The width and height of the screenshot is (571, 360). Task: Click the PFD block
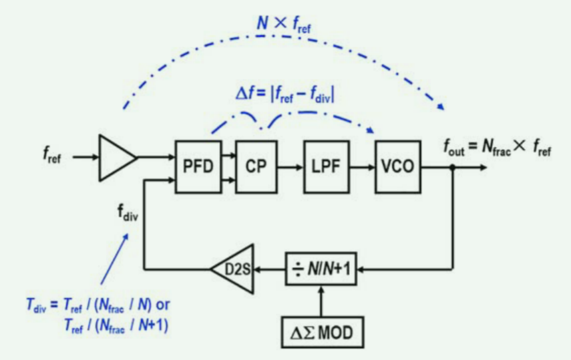(198, 167)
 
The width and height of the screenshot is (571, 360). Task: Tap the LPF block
(325, 167)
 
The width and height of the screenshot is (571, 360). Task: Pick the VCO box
(398, 167)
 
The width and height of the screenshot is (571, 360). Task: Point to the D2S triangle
(234, 270)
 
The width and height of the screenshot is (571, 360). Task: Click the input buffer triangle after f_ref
(116, 158)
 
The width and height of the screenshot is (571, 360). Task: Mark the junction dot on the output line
(453, 168)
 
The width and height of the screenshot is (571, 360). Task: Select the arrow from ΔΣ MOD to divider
(323, 300)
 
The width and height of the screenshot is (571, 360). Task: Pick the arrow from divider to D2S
(270, 270)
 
